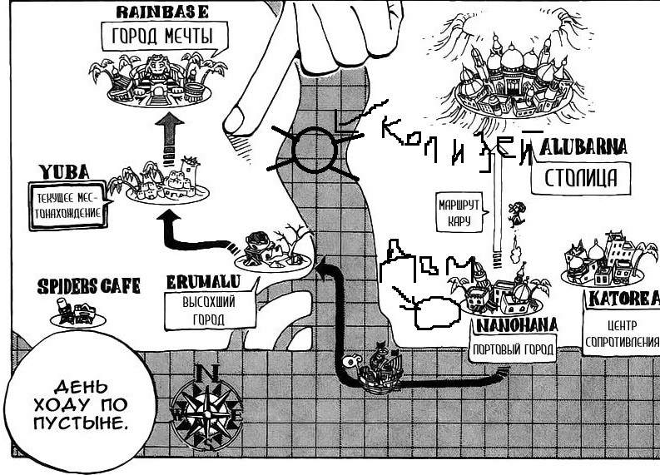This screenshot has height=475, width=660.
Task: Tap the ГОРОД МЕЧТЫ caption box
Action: coord(162,37)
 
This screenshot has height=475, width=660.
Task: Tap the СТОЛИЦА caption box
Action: coord(586,176)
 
